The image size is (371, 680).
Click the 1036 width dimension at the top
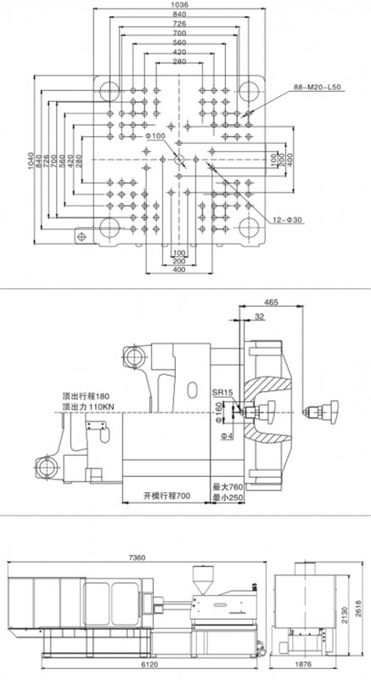click(179, 5)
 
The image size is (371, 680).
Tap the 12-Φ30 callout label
click(288, 220)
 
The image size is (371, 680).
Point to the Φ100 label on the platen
click(155, 136)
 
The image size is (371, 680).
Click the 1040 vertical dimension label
click(31, 161)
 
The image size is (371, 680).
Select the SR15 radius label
click(222, 393)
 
